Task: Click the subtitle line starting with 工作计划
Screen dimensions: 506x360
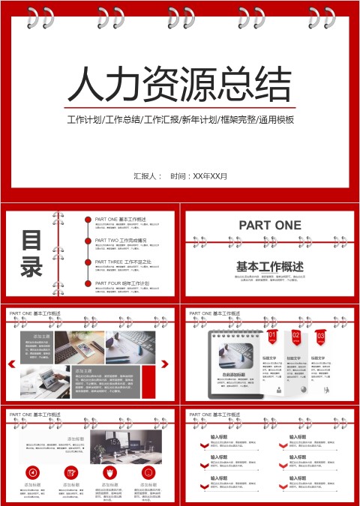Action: coord(180,120)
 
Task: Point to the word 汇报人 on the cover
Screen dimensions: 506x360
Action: coord(147,176)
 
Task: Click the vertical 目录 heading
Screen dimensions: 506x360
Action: coord(31,254)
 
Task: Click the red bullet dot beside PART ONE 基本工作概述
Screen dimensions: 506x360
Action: coord(88,220)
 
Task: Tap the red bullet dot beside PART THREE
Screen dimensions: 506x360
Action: coord(88,262)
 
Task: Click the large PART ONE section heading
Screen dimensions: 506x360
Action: coord(270,225)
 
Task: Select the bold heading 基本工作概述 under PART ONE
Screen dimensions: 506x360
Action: coord(270,266)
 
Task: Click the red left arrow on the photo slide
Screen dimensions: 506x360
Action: coord(12,364)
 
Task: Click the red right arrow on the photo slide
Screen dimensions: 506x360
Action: coord(164,364)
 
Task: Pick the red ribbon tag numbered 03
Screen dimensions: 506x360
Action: coord(320,337)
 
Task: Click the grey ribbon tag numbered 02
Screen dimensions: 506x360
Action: coord(296,337)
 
